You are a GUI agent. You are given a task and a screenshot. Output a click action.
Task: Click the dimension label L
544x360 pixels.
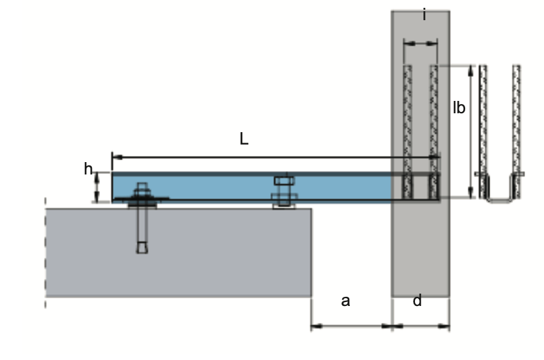[x=244, y=139]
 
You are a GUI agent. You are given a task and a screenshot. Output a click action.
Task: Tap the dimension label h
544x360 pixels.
[x=89, y=169]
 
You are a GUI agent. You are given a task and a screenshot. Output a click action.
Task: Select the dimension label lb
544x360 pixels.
[x=459, y=108]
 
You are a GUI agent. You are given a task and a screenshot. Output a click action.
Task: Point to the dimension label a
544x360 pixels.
[x=346, y=300]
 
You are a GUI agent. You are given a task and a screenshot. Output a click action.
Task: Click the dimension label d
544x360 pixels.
[x=418, y=300]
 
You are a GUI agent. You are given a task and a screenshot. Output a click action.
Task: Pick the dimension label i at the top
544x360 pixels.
[x=424, y=14]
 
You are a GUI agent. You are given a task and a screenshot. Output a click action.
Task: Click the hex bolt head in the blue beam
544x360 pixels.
[x=283, y=180]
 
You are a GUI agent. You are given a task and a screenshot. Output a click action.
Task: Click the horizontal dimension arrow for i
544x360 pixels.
[x=420, y=44]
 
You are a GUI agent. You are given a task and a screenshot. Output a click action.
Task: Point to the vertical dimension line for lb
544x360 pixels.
[x=471, y=130]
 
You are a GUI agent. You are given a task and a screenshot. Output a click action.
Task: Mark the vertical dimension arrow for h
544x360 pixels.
[x=97, y=187]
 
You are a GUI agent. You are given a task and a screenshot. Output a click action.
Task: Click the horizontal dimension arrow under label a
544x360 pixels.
[x=351, y=325]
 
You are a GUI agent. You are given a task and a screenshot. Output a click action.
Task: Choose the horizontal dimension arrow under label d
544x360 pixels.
[x=420, y=325]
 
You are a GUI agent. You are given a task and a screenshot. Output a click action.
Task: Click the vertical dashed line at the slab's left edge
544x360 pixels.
[x=46, y=254]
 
